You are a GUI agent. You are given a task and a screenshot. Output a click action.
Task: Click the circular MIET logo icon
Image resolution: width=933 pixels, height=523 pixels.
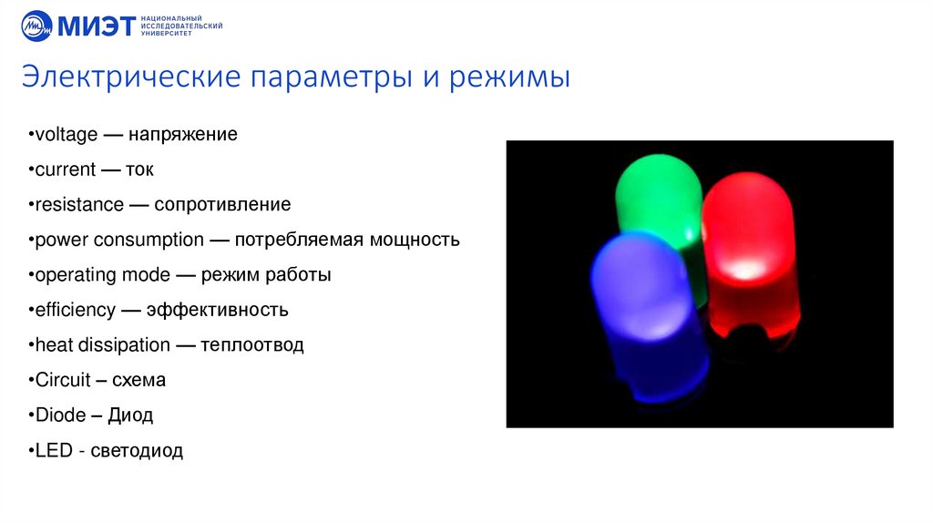(x=37, y=26)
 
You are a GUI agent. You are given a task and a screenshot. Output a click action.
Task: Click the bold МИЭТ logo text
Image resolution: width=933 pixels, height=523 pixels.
(x=97, y=26)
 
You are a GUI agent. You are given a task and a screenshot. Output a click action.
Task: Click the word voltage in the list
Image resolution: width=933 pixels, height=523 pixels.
(x=65, y=135)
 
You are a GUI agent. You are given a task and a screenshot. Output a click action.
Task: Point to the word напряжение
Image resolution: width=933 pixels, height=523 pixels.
(x=182, y=135)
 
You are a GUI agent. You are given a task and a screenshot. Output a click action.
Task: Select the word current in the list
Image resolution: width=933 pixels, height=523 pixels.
(x=65, y=169)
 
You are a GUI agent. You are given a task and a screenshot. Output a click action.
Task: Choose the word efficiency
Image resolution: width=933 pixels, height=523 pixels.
(x=75, y=310)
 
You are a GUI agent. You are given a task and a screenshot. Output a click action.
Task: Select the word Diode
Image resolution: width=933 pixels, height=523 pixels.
(x=59, y=415)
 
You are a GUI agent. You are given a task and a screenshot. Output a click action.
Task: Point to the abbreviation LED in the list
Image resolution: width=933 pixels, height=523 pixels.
(x=52, y=450)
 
